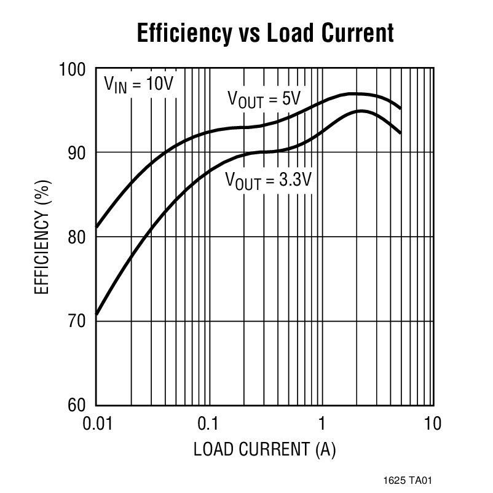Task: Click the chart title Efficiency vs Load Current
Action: (265, 33)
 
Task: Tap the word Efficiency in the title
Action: (182, 33)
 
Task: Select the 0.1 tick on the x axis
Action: (208, 424)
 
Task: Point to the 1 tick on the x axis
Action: (321, 424)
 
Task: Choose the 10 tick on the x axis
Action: (433, 424)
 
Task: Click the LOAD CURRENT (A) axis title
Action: (264, 451)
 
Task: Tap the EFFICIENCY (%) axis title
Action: (41, 237)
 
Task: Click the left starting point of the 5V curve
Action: (97, 227)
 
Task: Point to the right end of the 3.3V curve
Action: (401, 133)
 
